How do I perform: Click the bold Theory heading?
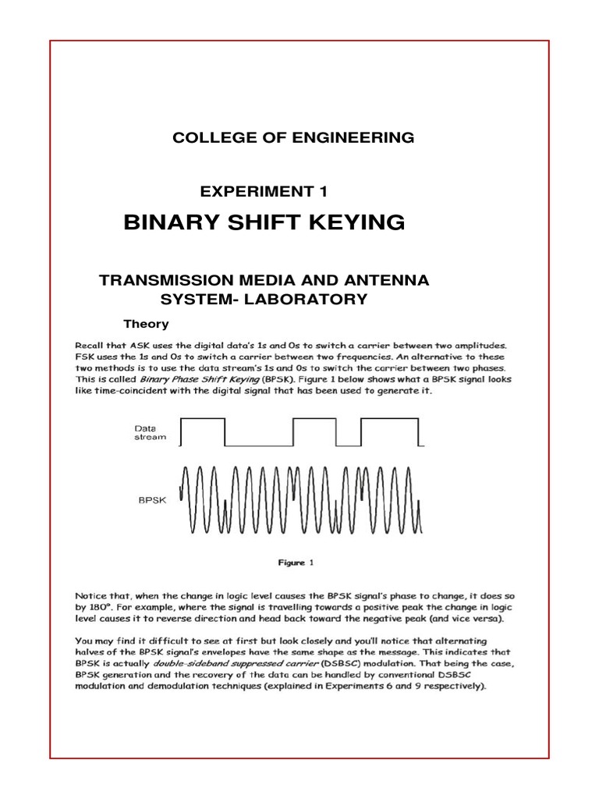147,323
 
